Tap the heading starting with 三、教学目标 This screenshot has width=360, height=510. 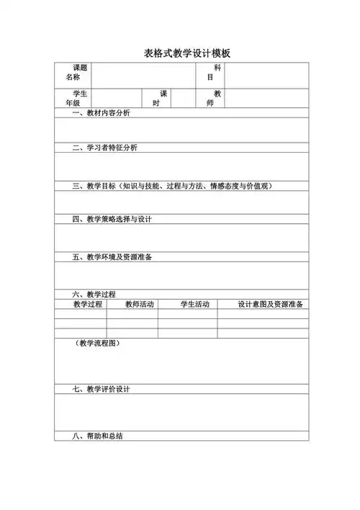(171, 186)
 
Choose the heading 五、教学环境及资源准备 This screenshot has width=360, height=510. (112, 257)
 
